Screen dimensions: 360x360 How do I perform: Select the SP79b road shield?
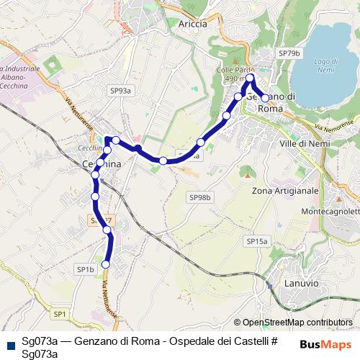[x=289, y=53]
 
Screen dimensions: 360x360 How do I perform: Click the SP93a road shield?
[x=121, y=91]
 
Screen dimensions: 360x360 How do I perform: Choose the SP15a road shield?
[x=256, y=241]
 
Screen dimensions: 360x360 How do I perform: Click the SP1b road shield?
[x=85, y=269]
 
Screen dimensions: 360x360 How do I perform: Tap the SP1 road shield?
[x=59, y=314]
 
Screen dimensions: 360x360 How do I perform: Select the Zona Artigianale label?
[x=285, y=191]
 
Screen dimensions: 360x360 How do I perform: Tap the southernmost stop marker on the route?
[x=106, y=264]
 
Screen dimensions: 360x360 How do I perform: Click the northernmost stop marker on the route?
[x=250, y=77]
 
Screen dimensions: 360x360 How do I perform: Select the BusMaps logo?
[x=326, y=344]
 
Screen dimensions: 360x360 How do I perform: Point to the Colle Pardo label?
[x=231, y=70]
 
